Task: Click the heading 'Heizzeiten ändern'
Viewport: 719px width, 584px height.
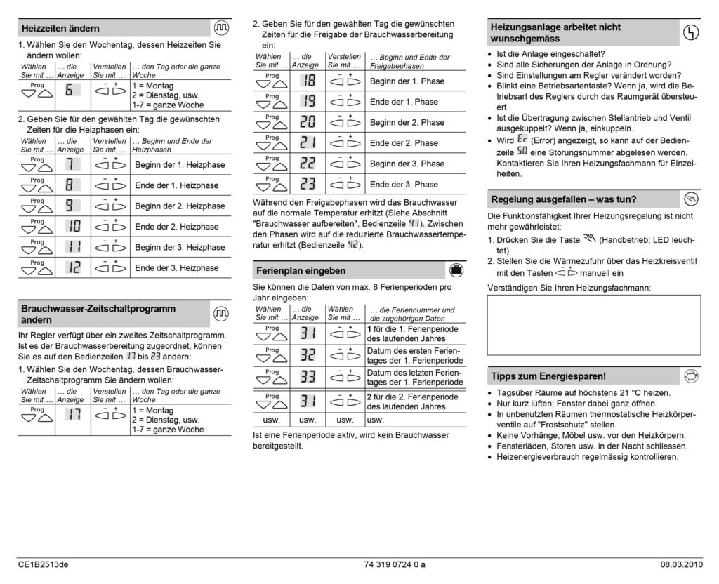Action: [x=61, y=28]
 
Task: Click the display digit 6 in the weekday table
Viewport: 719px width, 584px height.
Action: [x=70, y=90]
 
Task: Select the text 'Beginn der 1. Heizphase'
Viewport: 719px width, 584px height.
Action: [x=180, y=165]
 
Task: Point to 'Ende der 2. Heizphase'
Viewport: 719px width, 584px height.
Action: [x=176, y=227]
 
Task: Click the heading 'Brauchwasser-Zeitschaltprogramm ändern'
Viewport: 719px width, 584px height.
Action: [x=98, y=314]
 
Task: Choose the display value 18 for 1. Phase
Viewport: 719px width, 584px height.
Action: [x=307, y=81]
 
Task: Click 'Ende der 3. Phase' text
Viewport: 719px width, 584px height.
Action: [x=404, y=184]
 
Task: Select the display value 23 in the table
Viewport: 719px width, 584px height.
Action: [x=307, y=184]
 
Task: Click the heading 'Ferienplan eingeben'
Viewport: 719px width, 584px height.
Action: [x=301, y=270]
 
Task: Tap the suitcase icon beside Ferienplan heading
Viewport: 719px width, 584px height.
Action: [x=456, y=270]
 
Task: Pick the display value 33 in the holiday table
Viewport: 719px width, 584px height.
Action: [x=307, y=377]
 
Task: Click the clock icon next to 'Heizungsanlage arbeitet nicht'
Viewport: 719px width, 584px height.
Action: [x=690, y=32]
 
